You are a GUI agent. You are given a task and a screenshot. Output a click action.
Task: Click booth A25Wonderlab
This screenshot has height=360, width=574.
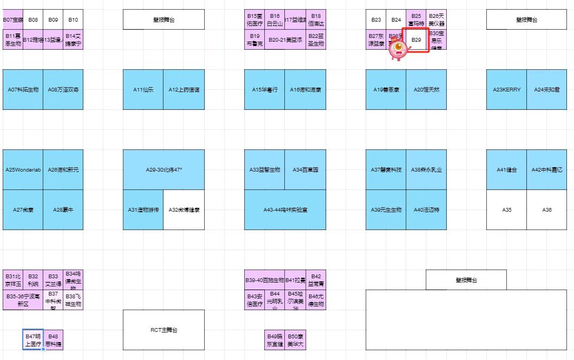click(23, 169)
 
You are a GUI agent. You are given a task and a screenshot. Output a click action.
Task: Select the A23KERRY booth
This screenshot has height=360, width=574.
click(506, 89)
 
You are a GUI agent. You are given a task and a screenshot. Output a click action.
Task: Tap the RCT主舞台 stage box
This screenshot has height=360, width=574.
click(164, 330)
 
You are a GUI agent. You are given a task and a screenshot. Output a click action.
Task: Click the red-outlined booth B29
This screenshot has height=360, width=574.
click(416, 40)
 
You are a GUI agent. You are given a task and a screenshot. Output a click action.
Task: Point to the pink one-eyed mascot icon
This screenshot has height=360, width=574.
click(399, 50)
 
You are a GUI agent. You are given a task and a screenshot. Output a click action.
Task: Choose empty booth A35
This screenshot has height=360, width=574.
click(506, 210)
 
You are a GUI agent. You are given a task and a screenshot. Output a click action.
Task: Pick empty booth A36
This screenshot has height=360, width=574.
click(547, 210)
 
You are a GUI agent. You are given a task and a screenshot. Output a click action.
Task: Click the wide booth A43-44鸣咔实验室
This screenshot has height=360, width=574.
click(285, 210)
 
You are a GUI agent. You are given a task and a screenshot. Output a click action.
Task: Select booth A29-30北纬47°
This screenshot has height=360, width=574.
click(164, 169)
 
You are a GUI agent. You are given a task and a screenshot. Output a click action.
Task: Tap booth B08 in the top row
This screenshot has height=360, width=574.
click(33, 19)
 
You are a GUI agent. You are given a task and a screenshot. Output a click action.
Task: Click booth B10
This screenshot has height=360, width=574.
click(73, 19)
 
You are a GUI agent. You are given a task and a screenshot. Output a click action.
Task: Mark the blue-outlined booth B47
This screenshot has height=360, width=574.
click(32, 339)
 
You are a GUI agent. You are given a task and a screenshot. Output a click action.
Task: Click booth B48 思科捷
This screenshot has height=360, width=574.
click(53, 339)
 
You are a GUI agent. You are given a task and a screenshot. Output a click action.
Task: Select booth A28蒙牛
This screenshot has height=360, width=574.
click(63, 210)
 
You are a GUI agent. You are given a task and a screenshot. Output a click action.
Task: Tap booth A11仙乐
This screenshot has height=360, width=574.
click(143, 89)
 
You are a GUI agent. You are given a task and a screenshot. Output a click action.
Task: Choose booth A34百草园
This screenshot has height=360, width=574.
click(305, 169)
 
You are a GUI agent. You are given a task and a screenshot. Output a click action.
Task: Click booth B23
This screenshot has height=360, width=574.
click(376, 19)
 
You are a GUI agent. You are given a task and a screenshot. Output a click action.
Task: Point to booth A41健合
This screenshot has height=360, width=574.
click(506, 169)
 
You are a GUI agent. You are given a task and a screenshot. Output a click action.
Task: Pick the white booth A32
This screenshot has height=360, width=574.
click(184, 210)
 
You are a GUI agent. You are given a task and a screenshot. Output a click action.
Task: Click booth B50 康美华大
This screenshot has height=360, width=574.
click(295, 339)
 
